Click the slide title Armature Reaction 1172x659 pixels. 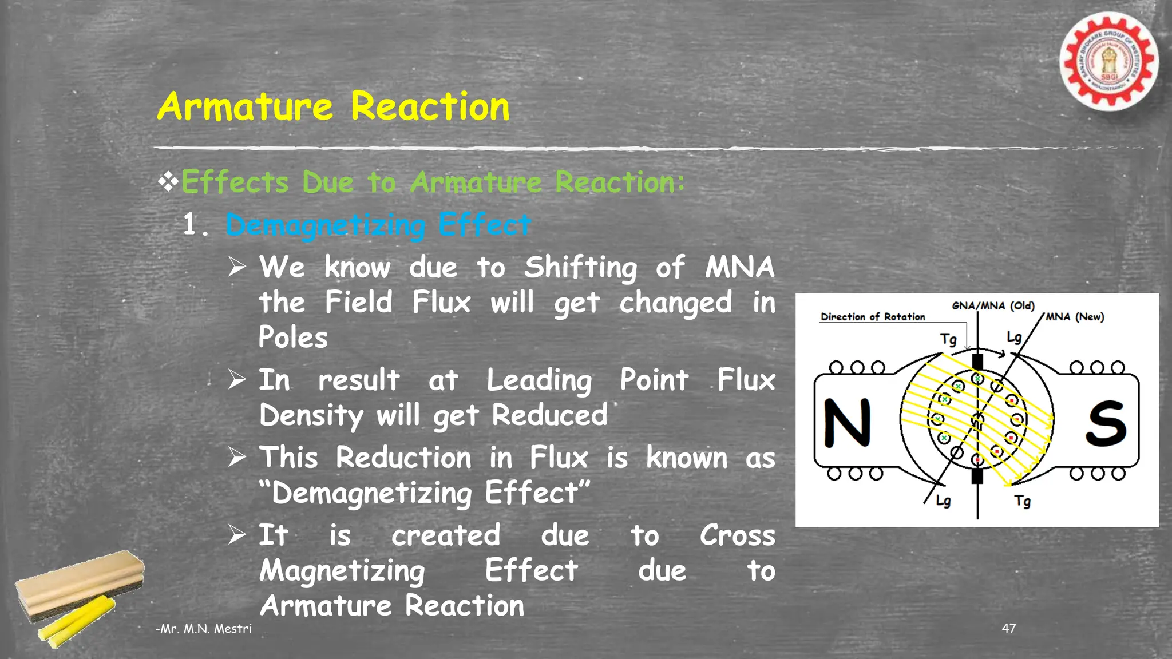[333, 106]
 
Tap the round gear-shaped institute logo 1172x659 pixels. [1108, 62]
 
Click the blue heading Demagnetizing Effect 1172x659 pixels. [378, 224]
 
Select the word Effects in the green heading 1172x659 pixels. [235, 182]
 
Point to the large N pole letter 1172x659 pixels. [847, 423]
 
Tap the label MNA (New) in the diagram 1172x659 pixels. [1075, 317]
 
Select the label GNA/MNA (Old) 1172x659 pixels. [993, 305]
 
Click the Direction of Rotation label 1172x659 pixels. [873, 317]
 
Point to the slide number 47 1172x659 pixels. [1009, 628]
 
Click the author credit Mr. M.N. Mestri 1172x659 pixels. [204, 629]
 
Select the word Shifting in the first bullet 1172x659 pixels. [580, 268]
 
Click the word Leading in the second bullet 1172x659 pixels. [539, 380]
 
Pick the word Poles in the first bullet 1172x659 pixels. [293, 337]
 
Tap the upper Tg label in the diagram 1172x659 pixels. [948, 339]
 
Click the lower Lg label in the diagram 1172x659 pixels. [943, 501]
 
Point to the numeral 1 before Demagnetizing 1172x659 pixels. [190, 224]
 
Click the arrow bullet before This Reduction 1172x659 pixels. [237, 457]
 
